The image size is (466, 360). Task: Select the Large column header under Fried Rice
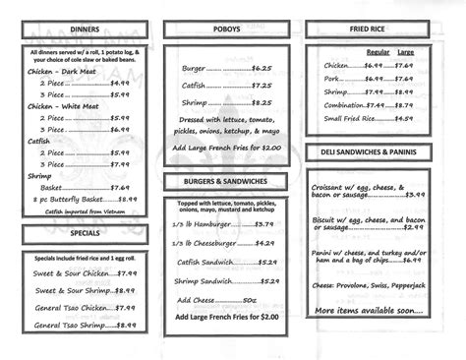click(x=405, y=51)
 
